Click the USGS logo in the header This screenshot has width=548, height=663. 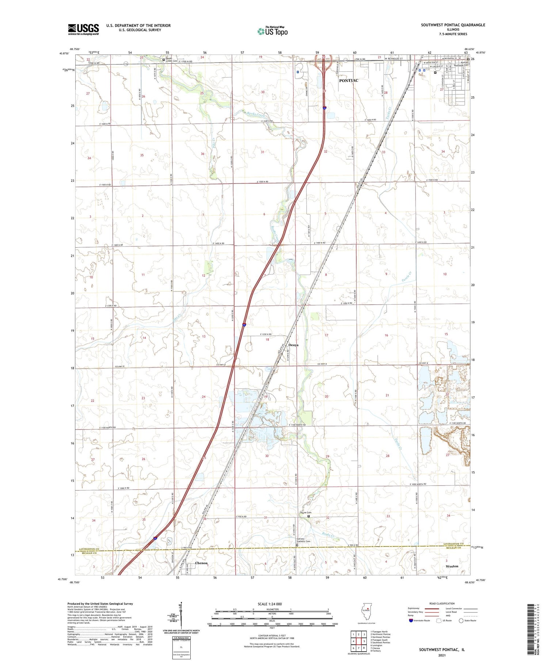[83, 29]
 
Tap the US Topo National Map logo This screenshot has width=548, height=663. [272, 31]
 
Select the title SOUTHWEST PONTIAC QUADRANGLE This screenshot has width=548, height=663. [453, 25]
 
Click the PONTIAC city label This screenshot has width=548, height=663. [349, 80]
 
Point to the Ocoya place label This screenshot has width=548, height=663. [293, 345]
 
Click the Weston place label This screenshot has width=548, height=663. [452, 566]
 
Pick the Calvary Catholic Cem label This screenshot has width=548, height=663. [303, 542]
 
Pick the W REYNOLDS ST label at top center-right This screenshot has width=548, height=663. [392, 59]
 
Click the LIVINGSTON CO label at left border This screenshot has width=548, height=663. [89, 549]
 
